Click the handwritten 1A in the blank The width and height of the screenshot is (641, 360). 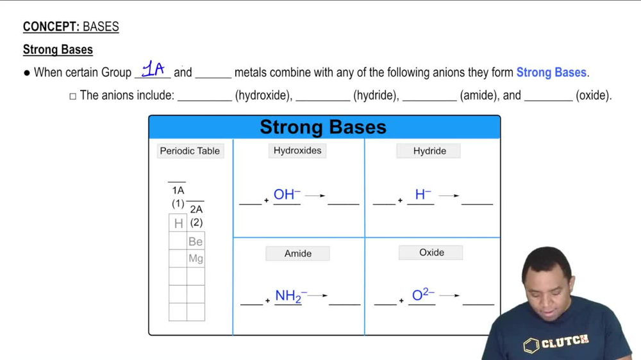[153, 69]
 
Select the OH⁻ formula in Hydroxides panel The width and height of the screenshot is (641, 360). [287, 194]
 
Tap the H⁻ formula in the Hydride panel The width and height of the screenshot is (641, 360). [422, 194]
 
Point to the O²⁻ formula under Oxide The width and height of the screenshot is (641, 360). [422, 295]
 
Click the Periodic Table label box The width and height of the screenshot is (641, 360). [190, 151]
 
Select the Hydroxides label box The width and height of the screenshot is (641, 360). [297, 151]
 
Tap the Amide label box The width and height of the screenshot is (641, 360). [298, 254]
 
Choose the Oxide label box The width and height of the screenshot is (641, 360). [431, 252]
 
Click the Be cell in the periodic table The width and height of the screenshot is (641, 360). [196, 241]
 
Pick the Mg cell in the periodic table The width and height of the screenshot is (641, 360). [196, 259]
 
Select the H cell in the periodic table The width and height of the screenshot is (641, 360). [178, 223]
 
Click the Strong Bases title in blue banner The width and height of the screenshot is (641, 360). [323, 127]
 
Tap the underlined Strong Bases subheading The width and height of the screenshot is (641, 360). [58, 50]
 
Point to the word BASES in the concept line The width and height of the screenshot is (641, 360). [101, 27]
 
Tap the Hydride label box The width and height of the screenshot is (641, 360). [429, 151]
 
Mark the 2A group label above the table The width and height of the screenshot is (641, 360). [196, 209]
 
